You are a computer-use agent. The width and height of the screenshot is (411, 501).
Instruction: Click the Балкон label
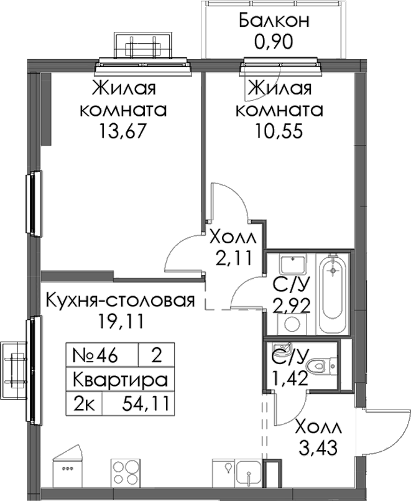tap(274, 21)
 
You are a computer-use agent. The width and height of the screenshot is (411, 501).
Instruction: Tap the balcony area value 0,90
tap(274, 42)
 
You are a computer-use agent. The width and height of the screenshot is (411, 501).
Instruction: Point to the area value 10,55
tap(279, 131)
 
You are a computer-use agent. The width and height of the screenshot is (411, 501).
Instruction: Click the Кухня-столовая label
tap(120, 301)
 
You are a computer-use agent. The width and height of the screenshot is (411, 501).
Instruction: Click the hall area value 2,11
tap(234, 258)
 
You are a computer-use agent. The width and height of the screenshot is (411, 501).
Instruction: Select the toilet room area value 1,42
tap(289, 378)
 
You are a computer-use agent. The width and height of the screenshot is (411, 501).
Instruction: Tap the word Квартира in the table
tap(120, 380)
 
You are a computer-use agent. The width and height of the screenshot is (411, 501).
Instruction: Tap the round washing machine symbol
tap(292, 324)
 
